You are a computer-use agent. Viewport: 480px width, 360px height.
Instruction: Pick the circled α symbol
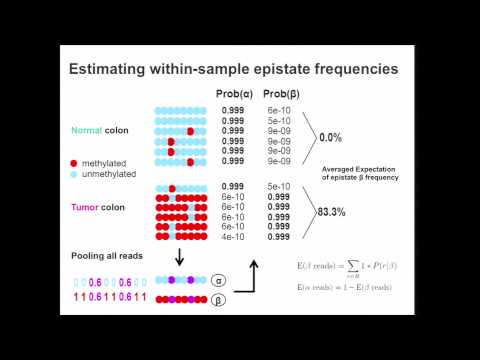pyautogui.click(x=219, y=282)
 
